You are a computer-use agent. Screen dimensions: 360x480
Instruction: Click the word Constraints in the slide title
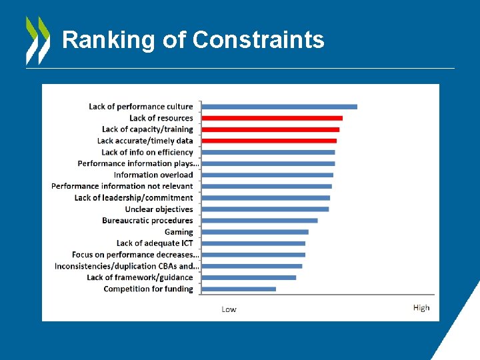(258, 40)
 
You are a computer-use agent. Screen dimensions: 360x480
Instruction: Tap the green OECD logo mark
(37, 40)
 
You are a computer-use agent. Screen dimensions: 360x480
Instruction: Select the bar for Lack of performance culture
(279, 107)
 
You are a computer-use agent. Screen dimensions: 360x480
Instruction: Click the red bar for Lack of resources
(271, 118)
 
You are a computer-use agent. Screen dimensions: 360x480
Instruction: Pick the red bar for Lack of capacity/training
(270, 129)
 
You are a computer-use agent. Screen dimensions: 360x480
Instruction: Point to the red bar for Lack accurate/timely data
(269, 141)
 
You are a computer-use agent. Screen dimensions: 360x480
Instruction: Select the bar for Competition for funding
(238, 289)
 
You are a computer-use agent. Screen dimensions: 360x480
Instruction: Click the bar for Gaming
(255, 232)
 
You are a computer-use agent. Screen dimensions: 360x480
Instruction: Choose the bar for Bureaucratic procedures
(259, 221)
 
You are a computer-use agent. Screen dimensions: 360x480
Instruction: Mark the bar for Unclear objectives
(265, 209)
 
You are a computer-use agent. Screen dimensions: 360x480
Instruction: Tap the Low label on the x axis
(229, 309)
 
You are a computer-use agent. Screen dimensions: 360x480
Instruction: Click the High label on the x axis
(421, 307)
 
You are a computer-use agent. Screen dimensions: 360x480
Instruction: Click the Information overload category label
(153, 175)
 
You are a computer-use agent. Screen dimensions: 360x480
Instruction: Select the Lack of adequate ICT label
(155, 243)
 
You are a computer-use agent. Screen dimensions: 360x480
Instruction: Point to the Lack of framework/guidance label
(140, 277)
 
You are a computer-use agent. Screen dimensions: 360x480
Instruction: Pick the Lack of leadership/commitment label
(133, 197)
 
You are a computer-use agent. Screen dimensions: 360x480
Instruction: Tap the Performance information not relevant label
(122, 186)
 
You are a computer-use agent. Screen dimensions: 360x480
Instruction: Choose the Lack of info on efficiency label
(147, 152)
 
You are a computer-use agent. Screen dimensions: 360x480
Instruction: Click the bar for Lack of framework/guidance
(249, 277)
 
